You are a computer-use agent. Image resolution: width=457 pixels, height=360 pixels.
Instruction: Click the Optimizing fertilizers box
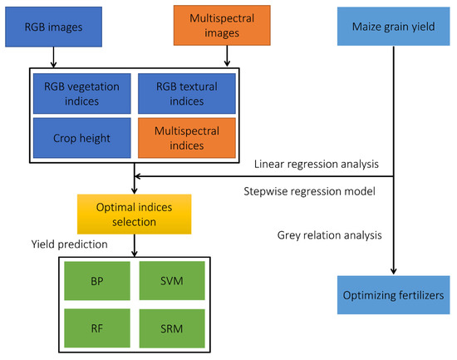[393, 296]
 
